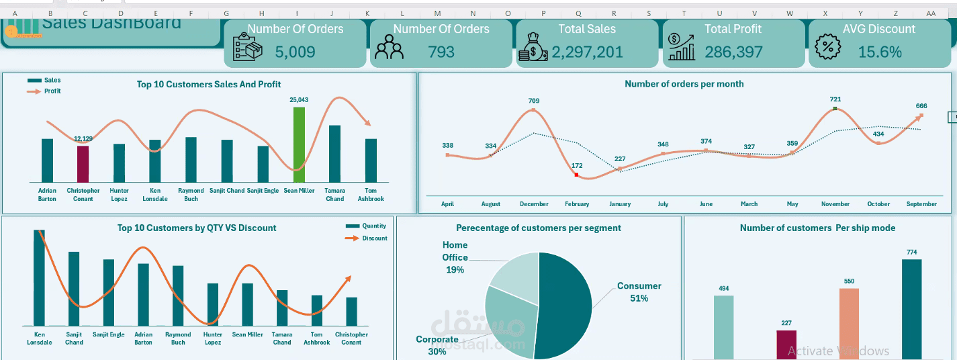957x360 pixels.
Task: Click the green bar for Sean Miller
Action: coord(299,144)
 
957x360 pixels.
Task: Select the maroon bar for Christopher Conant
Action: coord(83,164)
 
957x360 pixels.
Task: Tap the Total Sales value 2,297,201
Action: coord(587,52)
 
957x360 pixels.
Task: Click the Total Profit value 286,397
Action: coord(733,52)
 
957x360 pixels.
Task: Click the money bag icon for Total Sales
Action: coord(533,47)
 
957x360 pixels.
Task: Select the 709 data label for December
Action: coord(533,101)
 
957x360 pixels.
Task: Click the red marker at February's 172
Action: coord(576,175)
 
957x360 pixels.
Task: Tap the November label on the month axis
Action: coord(835,204)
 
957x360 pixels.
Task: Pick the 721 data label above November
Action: coord(835,99)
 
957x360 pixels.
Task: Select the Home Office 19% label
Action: coord(455,257)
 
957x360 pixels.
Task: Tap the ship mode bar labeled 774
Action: coord(911,309)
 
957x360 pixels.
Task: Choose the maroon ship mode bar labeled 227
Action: coord(786,344)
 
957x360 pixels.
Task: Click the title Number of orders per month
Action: coord(684,84)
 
